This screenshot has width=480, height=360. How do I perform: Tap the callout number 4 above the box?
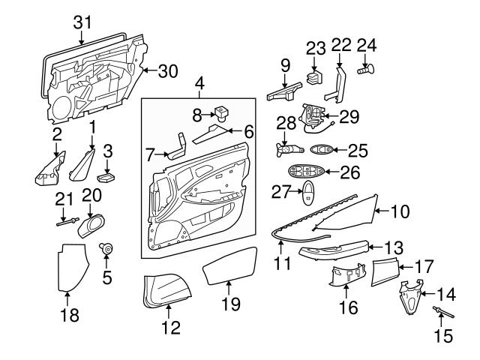pyautogui.click(x=199, y=83)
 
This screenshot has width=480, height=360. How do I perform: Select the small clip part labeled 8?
pyautogui.click(x=221, y=114)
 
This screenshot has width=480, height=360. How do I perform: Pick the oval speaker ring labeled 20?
pyautogui.click(x=93, y=223)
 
